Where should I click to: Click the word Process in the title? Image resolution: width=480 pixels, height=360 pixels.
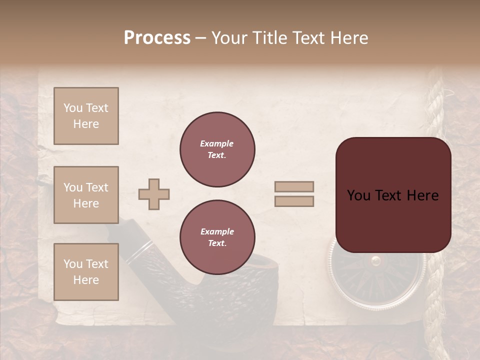click(x=157, y=38)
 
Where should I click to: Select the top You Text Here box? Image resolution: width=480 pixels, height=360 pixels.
click(x=86, y=116)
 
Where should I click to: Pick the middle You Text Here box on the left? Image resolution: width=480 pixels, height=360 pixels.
click(x=86, y=195)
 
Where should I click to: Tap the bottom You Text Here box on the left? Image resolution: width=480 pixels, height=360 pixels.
click(x=86, y=271)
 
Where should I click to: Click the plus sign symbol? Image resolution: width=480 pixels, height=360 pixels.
click(x=154, y=194)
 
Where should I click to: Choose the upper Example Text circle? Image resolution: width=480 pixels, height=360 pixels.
click(x=217, y=149)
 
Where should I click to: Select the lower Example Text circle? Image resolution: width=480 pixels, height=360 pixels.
click(x=217, y=237)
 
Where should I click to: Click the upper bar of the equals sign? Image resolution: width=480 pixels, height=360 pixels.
click(x=294, y=187)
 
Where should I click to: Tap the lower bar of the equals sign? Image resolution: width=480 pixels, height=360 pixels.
click(x=294, y=201)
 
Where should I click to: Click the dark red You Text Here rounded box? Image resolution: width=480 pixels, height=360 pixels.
click(x=393, y=195)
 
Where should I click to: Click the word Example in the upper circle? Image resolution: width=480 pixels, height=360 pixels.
click(x=217, y=143)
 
